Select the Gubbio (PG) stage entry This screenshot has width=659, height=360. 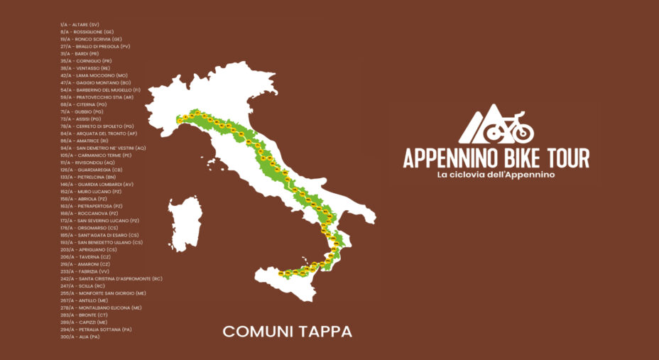(x=82, y=111)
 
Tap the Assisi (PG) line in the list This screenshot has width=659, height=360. (x=81, y=119)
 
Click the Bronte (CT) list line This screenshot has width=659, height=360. (x=84, y=315)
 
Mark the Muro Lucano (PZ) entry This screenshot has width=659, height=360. (x=89, y=191)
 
